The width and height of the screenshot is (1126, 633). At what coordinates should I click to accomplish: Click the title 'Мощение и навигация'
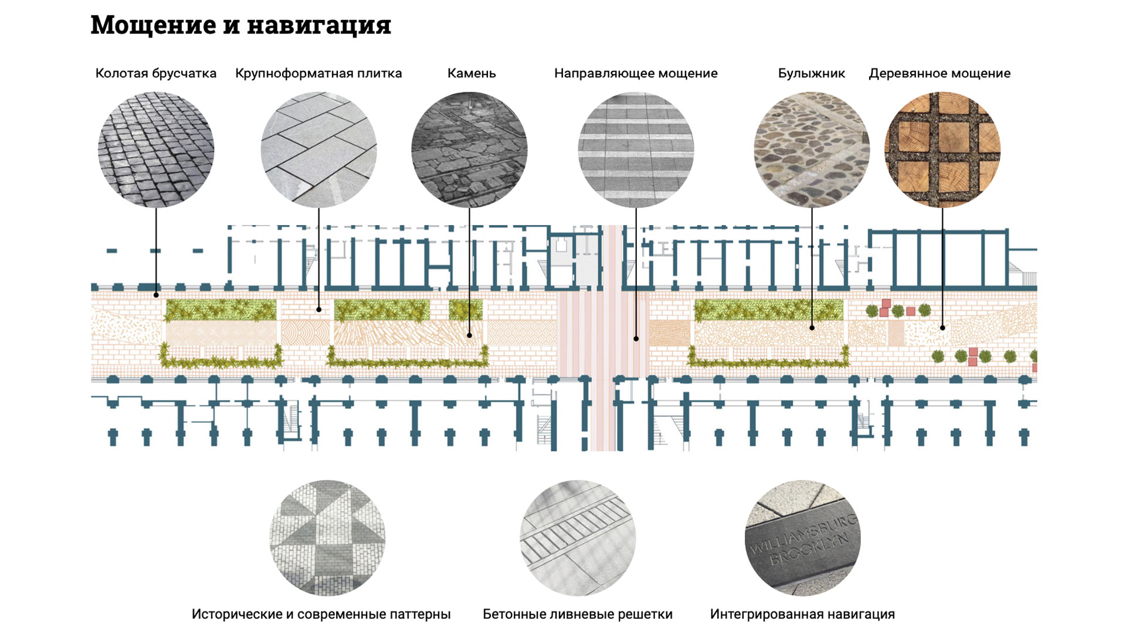tap(240, 25)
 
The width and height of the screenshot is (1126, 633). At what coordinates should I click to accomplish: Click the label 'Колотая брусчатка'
tap(156, 73)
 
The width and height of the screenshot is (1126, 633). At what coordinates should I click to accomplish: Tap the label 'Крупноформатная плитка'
tap(318, 73)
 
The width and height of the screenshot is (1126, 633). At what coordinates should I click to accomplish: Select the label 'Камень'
tap(472, 73)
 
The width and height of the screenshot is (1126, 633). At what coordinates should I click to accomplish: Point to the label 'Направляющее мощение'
tap(636, 73)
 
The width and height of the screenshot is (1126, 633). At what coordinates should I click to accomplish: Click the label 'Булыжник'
tap(812, 73)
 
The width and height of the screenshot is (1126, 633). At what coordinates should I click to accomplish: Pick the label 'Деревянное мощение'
tap(940, 73)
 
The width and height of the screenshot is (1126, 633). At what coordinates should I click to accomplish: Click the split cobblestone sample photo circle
tap(156, 149)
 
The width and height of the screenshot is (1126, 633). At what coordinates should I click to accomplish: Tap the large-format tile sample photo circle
tap(318, 149)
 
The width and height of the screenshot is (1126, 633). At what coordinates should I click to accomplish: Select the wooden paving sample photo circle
tap(942, 149)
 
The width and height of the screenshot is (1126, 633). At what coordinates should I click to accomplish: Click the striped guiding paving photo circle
tap(636, 149)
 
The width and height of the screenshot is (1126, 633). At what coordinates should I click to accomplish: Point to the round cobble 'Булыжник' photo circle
tap(812, 149)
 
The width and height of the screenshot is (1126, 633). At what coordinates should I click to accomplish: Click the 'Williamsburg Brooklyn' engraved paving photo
tap(802, 539)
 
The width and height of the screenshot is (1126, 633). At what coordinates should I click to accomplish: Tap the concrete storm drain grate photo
tap(578, 539)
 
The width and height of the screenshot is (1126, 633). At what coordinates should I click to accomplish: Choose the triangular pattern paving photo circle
tap(327, 539)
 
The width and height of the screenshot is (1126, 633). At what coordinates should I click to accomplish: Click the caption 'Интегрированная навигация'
tap(802, 614)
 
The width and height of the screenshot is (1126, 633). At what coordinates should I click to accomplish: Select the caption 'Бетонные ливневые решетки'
tap(578, 614)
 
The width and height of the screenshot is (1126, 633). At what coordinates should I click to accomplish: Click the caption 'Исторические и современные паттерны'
tap(321, 614)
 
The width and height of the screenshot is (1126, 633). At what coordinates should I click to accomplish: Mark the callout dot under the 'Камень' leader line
tap(470, 335)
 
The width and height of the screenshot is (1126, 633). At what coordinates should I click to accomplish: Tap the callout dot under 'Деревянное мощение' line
tap(942, 328)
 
